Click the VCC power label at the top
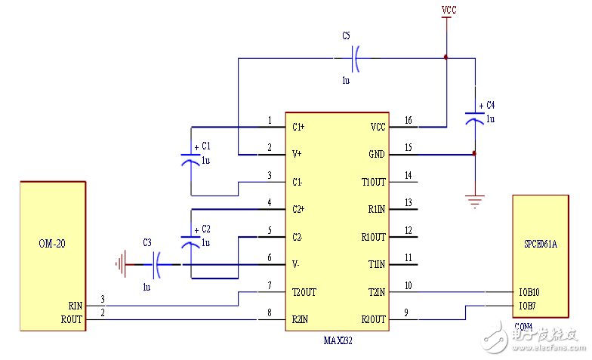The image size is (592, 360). click(449, 10)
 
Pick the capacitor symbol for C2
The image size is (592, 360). click(191, 239)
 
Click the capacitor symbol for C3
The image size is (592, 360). click(158, 265)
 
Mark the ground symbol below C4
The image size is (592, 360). click(474, 202)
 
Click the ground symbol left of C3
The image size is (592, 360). click(120, 265)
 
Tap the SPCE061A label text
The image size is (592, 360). click(540, 245)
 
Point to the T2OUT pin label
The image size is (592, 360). click(304, 292)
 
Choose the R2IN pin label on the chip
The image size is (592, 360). click(301, 320)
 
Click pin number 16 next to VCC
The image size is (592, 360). click(409, 120)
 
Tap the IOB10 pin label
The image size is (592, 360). click(529, 292)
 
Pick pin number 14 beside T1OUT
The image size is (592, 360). click(409, 175)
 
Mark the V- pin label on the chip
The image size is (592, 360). click(297, 264)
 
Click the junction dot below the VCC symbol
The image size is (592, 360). click(446, 57)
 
